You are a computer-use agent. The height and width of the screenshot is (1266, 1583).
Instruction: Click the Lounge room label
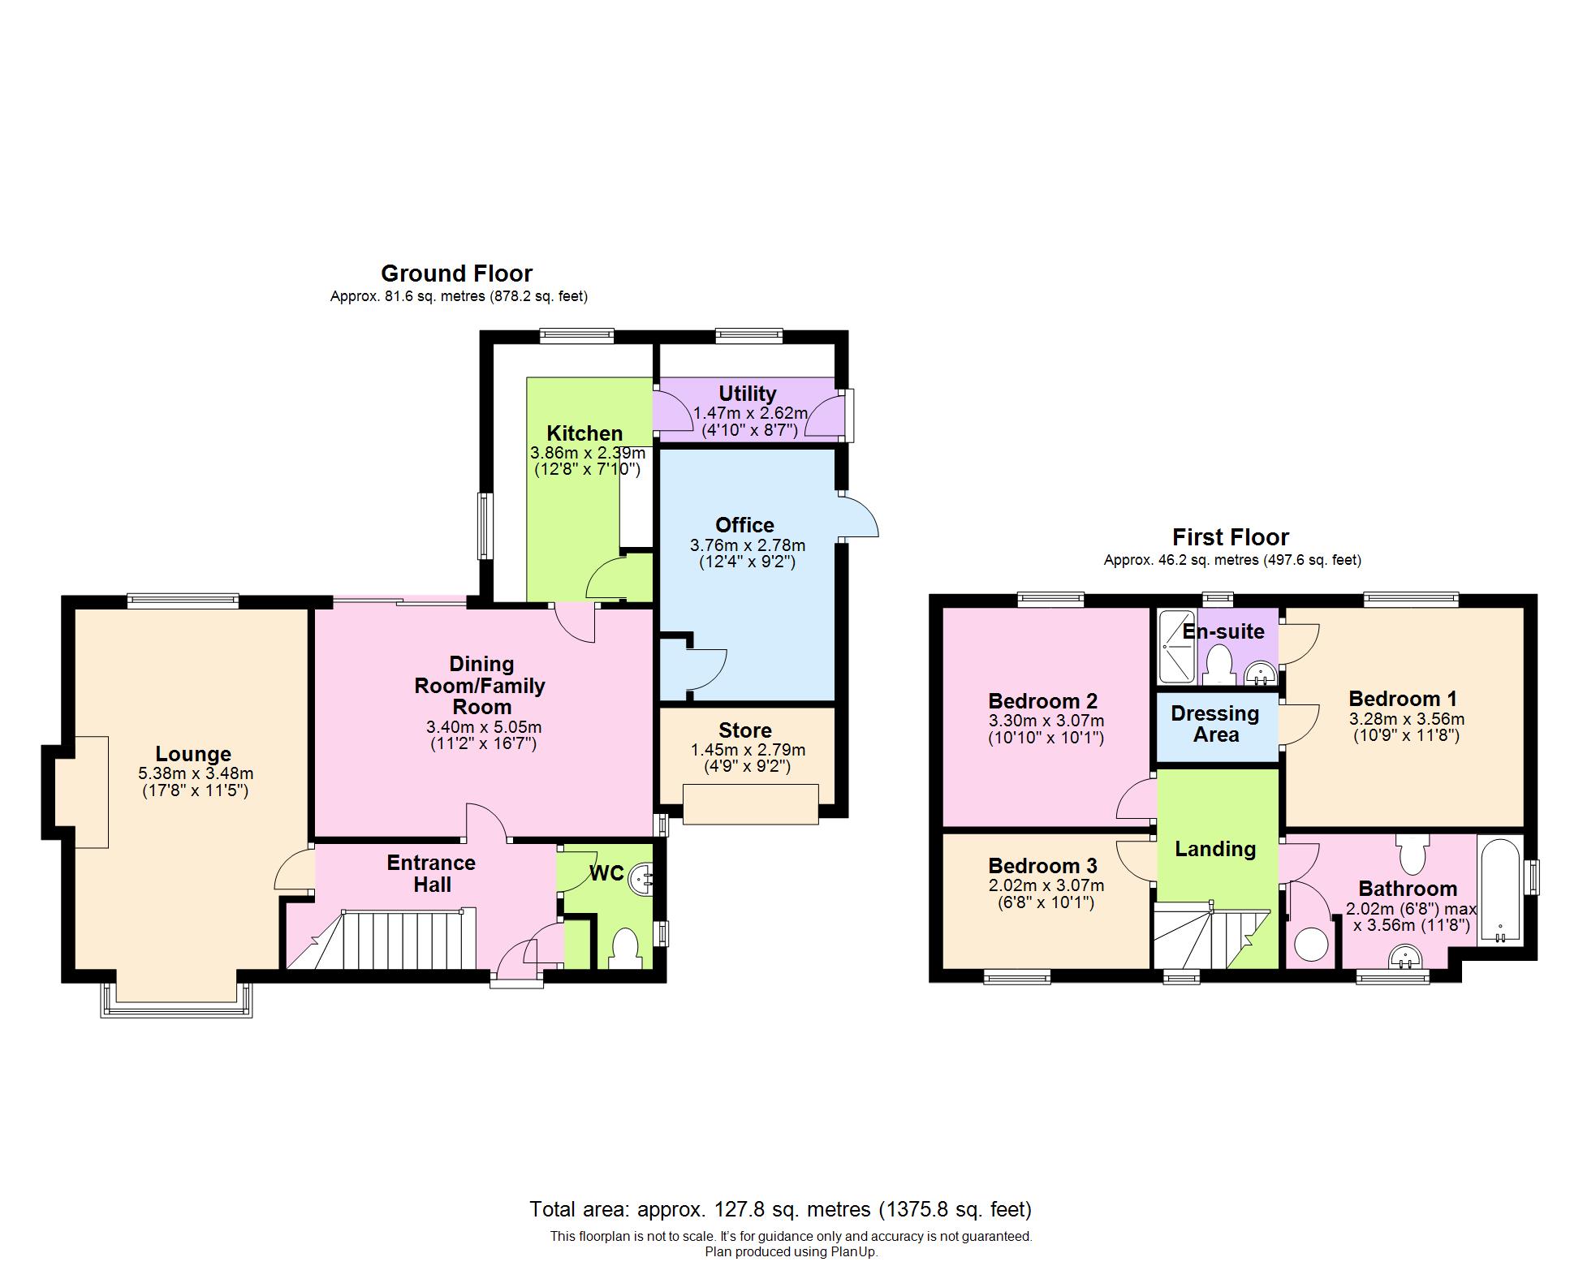click(x=193, y=754)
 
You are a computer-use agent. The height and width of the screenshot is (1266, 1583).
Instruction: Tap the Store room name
click(x=744, y=730)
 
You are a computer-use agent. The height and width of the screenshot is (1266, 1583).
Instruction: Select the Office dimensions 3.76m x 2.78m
click(x=747, y=545)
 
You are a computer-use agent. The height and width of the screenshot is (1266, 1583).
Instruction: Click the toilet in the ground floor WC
click(x=624, y=947)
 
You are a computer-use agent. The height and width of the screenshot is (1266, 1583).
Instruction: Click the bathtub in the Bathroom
click(x=1500, y=890)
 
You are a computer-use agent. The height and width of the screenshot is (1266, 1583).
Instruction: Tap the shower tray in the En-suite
click(x=1175, y=646)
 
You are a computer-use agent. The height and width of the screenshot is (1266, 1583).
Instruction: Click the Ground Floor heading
click(x=456, y=273)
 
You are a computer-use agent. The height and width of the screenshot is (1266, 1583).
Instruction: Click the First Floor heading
click(x=1230, y=537)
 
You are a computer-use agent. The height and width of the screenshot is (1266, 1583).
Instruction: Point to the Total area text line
click(x=780, y=1209)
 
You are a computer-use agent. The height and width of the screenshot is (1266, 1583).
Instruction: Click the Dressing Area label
click(x=1215, y=724)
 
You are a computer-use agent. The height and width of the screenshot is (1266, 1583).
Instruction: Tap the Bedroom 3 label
click(x=1042, y=866)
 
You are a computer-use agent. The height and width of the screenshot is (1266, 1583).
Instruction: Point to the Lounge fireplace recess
click(x=81, y=792)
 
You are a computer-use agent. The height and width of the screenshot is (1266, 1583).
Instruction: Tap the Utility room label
click(x=747, y=394)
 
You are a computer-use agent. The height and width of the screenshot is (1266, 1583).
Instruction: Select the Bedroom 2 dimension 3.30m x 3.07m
click(x=1046, y=721)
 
